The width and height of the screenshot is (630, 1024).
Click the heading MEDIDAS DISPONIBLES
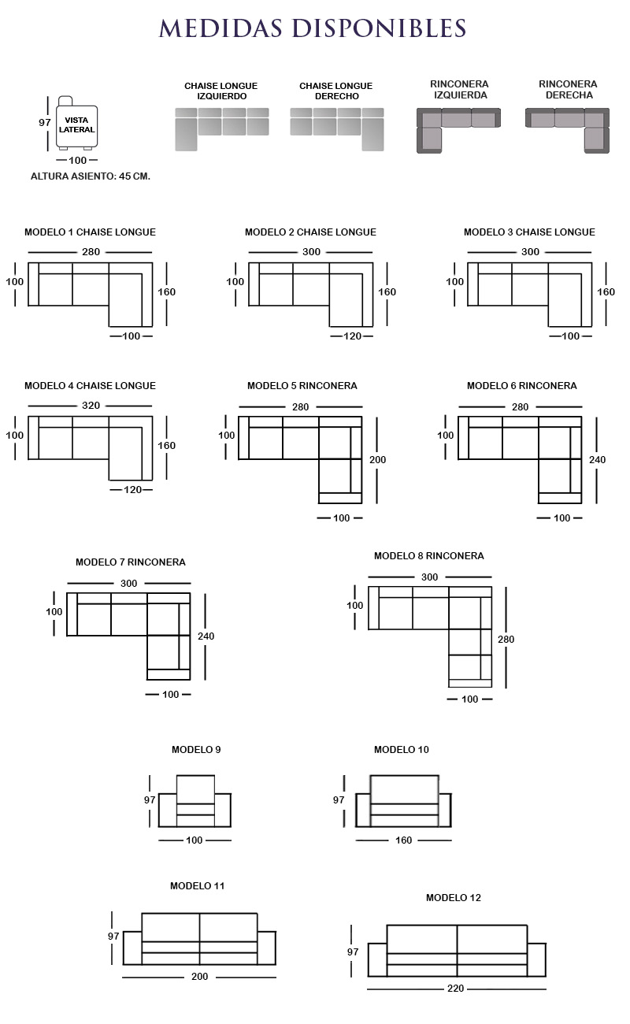tap(313, 28)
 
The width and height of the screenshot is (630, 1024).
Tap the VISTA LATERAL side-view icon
tap(76, 124)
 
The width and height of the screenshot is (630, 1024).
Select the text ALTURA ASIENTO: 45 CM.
tap(90, 176)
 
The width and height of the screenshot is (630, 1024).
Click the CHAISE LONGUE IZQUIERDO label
tap(221, 91)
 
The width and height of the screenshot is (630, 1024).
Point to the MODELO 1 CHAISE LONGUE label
tap(90, 232)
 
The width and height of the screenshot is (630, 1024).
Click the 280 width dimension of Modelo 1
tap(91, 252)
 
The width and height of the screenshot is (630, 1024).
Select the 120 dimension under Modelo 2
tap(352, 336)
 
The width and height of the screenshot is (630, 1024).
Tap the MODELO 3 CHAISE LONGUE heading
tap(529, 232)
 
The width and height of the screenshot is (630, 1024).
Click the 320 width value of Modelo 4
tap(91, 406)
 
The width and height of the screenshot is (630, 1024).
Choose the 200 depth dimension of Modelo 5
tap(378, 459)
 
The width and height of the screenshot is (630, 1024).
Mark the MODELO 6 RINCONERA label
tap(521, 386)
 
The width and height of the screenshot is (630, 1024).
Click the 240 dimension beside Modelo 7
tap(206, 636)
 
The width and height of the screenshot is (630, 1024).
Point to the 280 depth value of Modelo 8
tap(506, 640)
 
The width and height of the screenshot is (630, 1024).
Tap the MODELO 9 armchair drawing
tap(195, 802)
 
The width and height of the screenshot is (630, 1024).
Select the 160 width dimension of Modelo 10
tap(403, 840)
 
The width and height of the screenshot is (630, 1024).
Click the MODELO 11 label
tap(198, 886)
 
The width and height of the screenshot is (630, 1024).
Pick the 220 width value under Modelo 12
tap(456, 989)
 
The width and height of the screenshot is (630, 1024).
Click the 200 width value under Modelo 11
tap(200, 977)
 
